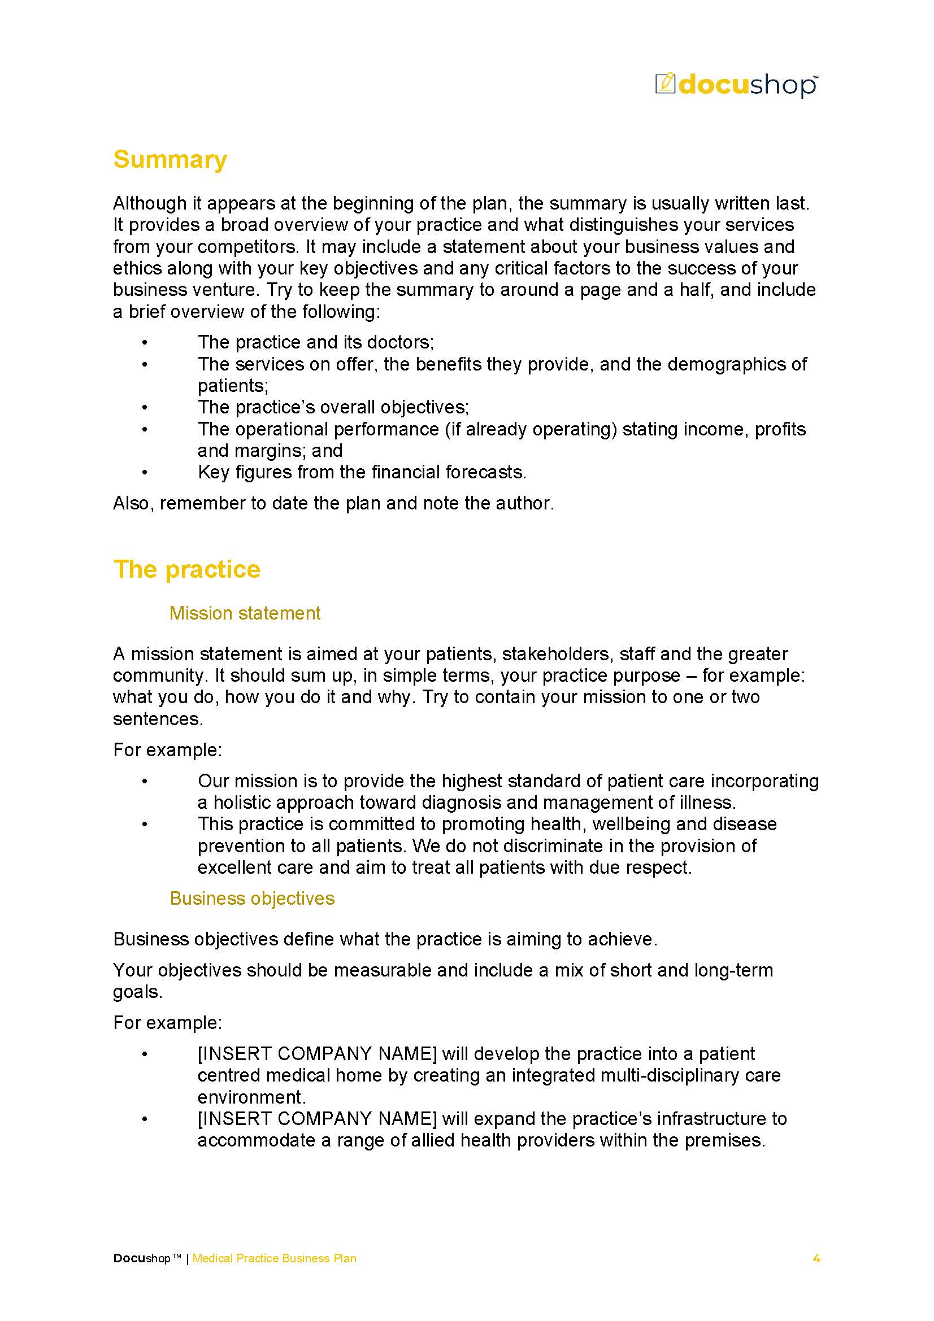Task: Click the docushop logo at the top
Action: (736, 85)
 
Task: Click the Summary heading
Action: (170, 159)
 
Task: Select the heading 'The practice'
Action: (186, 569)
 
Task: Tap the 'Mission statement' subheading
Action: (245, 613)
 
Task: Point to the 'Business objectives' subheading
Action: (251, 898)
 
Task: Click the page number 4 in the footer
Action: (815, 1258)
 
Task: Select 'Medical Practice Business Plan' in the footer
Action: (274, 1258)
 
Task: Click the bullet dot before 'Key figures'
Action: (145, 472)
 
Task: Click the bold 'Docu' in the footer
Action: (129, 1258)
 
